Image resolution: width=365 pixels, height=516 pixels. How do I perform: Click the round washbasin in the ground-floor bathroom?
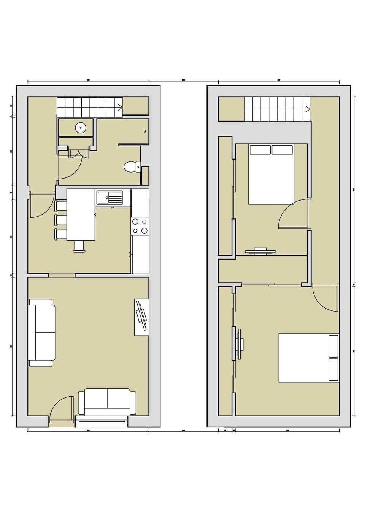[81, 128]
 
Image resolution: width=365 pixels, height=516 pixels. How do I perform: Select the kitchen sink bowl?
[103, 198]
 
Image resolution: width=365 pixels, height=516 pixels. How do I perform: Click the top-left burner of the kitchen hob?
[135, 222]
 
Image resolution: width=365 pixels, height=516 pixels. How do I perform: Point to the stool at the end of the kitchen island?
[79, 246]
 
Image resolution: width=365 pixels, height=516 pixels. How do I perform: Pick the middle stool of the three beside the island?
[61, 220]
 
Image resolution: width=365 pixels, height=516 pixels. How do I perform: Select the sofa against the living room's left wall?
[42, 333]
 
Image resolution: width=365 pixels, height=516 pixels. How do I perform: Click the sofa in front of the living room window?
[107, 402]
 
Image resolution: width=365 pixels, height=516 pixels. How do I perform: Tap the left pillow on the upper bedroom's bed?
[260, 150]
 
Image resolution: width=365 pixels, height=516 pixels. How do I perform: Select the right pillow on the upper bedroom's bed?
[282, 150]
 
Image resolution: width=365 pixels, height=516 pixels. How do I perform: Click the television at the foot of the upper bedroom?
[260, 250]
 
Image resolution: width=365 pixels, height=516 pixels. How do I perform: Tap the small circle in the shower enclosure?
[145, 131]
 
